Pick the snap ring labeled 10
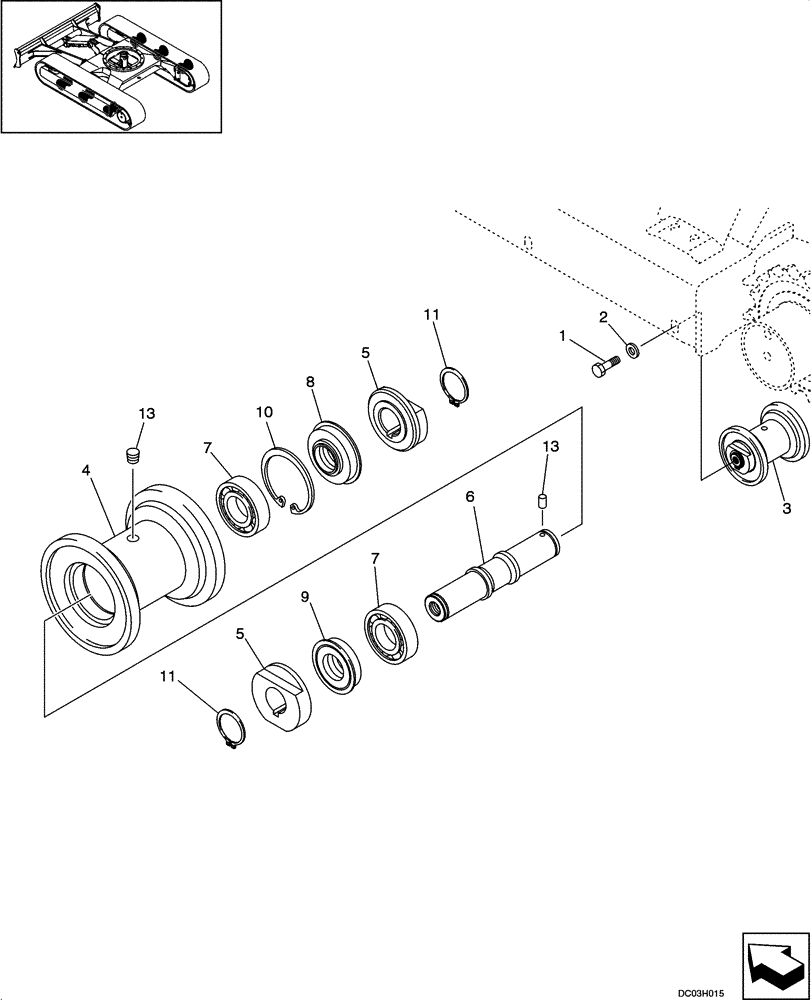[290, 481]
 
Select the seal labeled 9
[334, 664]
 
